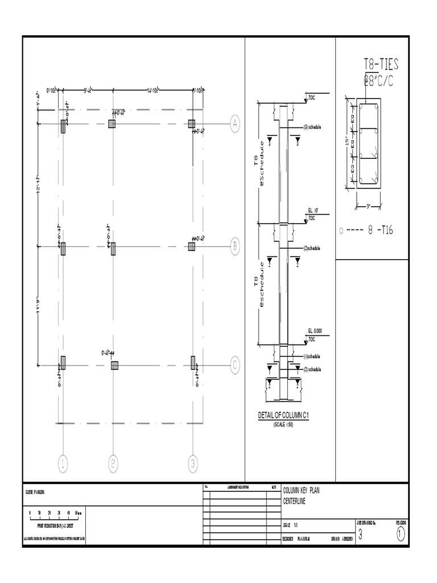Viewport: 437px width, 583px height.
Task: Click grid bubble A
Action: (x=235, y=124)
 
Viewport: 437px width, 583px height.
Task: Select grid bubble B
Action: (x=235, y=247)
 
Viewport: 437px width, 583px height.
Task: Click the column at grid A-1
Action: (x=63, y=126)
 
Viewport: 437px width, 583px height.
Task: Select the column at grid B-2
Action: (x=113, y=248)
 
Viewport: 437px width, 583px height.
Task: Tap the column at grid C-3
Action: (x=193, y=363)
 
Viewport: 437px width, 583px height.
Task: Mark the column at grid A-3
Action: (x=192, y=124)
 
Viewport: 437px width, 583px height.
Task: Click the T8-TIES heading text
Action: (x=381, y=63)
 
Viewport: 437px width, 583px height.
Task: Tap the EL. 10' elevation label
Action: (x=313, y=211)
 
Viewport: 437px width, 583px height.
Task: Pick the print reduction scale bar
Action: (x=56, y=514)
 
